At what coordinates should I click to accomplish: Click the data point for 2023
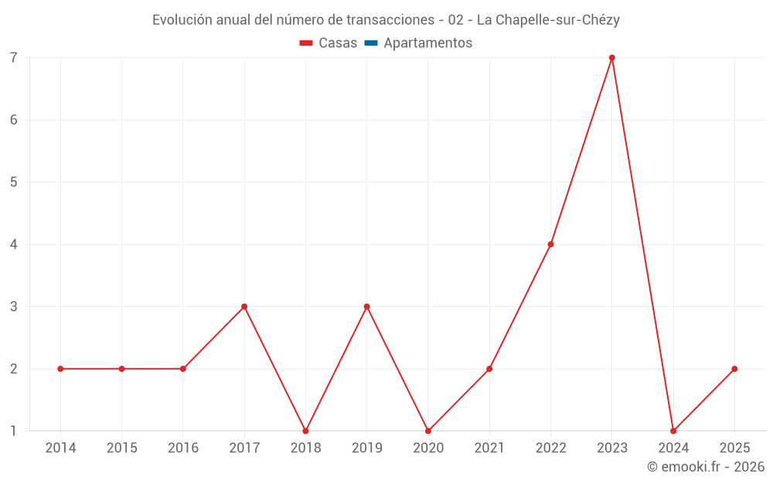[611, 58]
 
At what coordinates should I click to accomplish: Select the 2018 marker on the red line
[305, 430]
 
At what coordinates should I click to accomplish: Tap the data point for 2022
[550, 244]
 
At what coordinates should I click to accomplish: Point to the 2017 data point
[244, 307]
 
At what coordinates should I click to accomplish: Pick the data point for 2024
[673, 430]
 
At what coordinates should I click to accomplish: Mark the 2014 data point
[60, 369]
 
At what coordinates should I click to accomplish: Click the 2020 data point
[428, 430]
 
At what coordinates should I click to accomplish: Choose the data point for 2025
[734, 369]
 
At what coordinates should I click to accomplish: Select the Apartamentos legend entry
[427, 43]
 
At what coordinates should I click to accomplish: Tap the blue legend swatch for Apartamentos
[371, 43]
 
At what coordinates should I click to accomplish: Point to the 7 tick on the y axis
[14, 58]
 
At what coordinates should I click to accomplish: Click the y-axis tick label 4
[14, 244]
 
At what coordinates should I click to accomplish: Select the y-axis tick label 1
[14, 430]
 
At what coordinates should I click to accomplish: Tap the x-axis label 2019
[366, 448]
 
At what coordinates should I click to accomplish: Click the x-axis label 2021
[489, 448]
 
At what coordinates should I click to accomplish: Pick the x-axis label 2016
[183, 448]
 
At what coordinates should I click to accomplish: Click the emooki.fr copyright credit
[706, 467]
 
